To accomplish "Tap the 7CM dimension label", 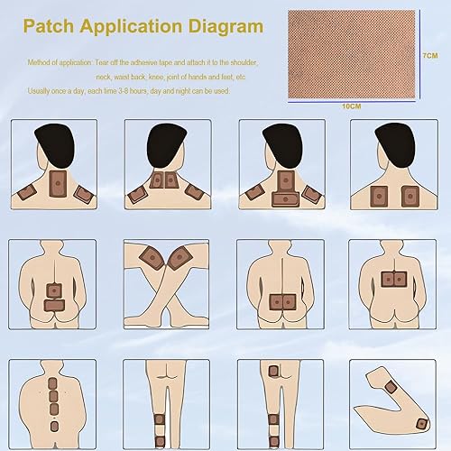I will tap(430, 56).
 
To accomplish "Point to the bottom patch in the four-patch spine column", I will tap(53, 425).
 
